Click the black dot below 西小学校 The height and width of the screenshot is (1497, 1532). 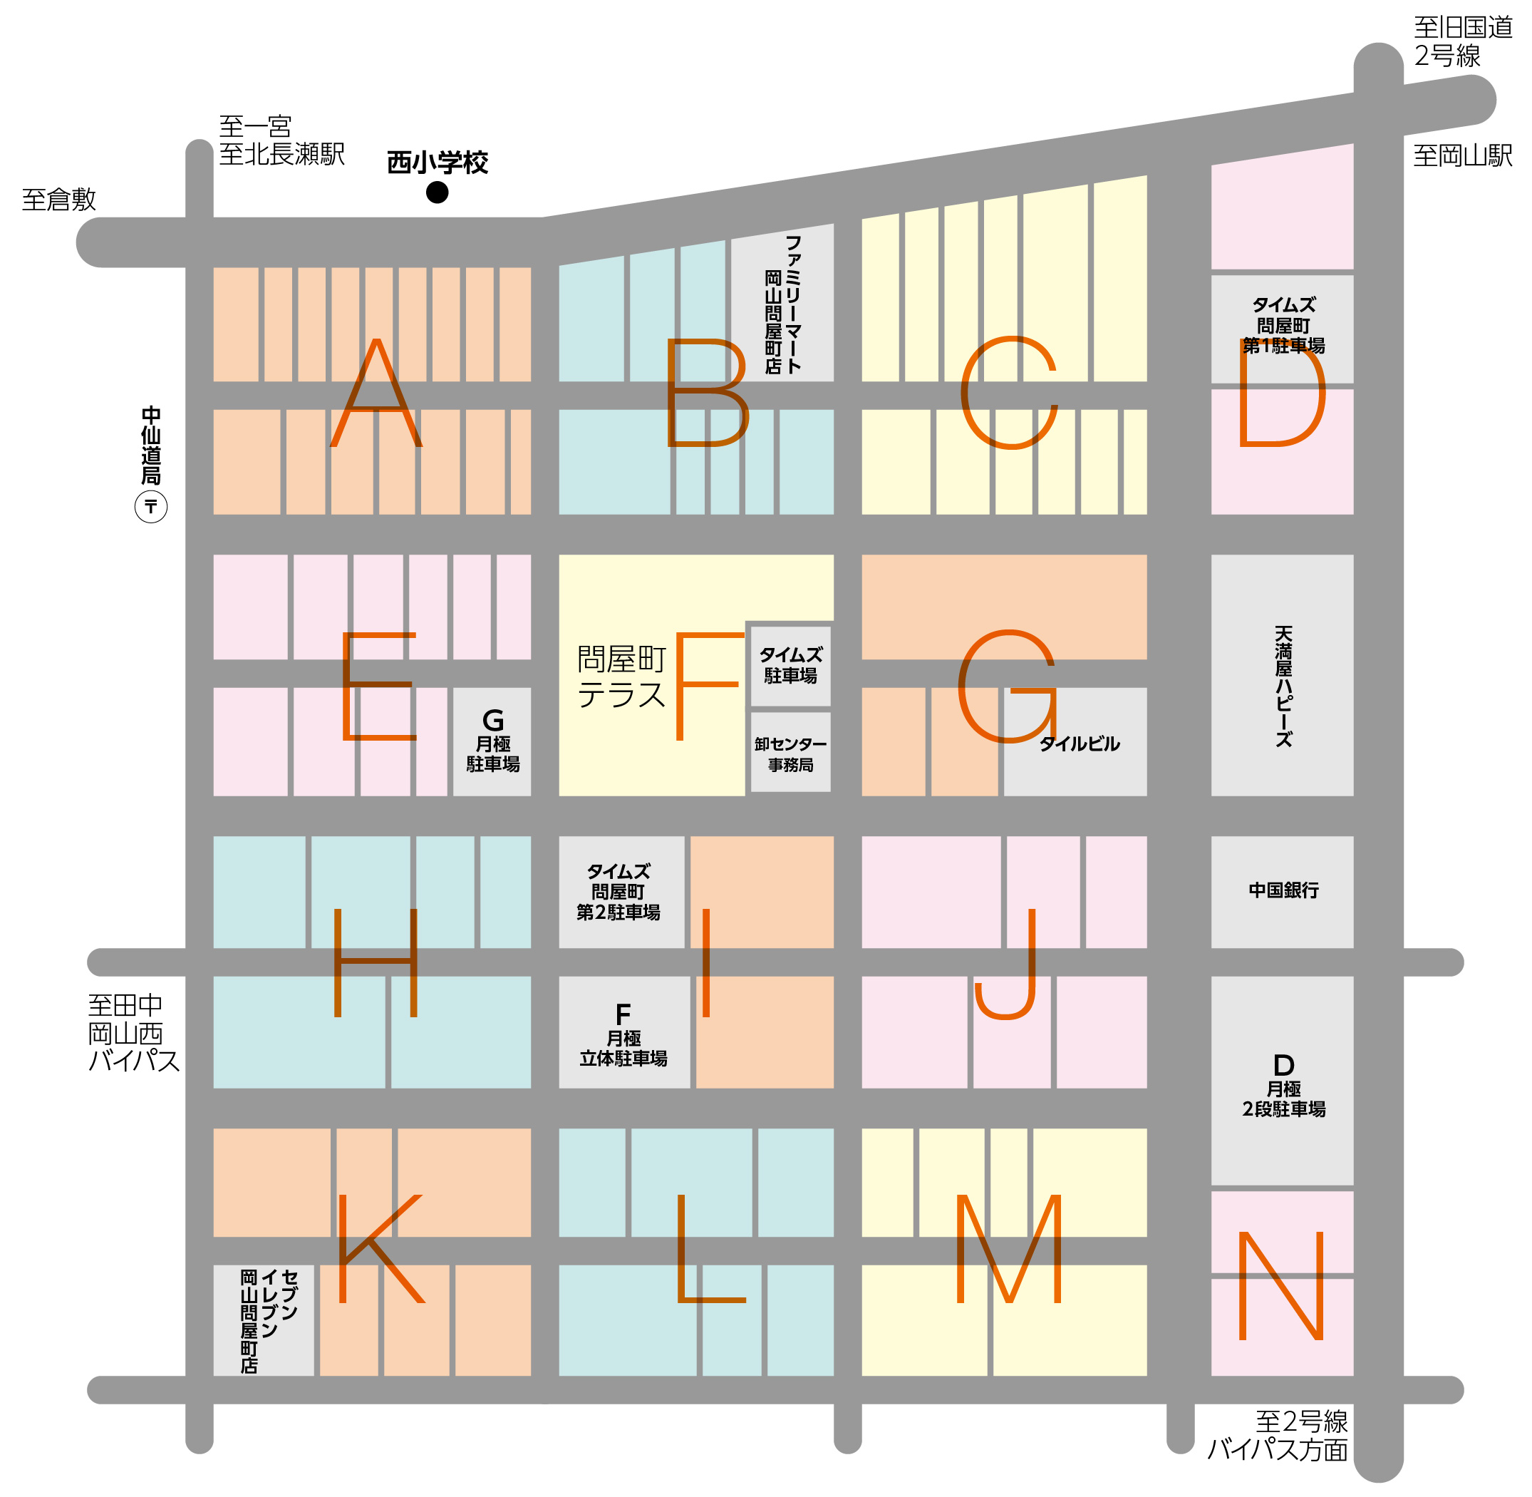point(437,192)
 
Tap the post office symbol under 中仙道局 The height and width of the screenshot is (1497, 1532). point(151,506)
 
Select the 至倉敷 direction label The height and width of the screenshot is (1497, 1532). point(59,200)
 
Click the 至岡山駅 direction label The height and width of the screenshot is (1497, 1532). point(1462,155)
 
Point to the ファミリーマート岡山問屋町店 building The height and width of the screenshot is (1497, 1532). point(783,304)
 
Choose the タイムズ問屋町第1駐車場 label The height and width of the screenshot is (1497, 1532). point(1283,326)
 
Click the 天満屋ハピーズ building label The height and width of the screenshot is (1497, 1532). point(1283,686)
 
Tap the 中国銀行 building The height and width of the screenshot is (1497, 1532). point(1283,890)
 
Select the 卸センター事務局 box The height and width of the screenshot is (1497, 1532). point(790,753)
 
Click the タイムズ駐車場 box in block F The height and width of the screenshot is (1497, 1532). point(790,665)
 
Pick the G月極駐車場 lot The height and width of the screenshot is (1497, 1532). point(493,741)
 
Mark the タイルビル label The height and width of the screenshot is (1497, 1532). point(1080,744)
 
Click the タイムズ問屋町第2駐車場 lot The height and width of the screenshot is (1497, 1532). point(619,892)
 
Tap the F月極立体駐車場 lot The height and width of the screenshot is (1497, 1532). point(623,1034)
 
